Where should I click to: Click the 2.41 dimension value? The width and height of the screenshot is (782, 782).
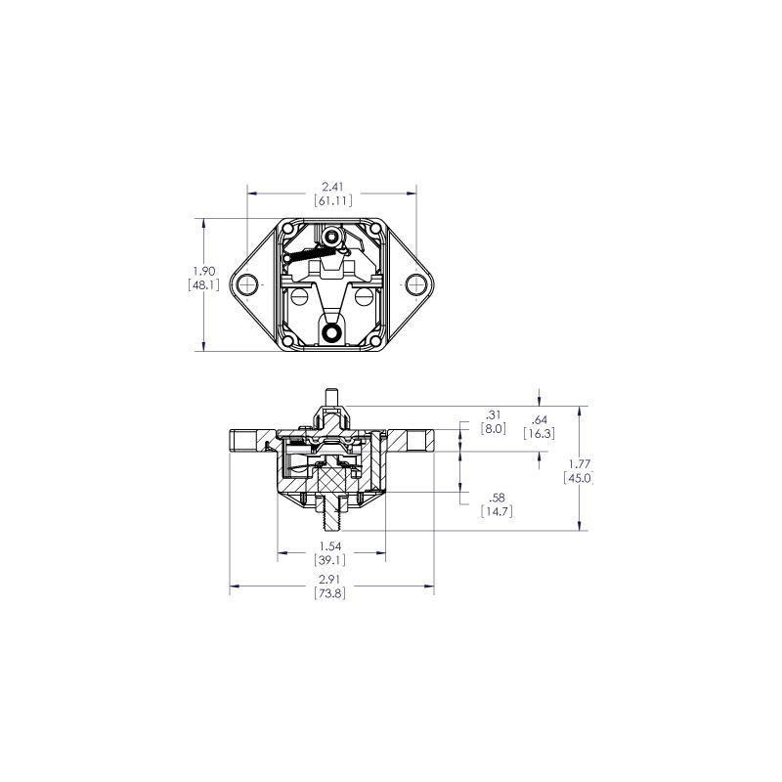tap(332, 186)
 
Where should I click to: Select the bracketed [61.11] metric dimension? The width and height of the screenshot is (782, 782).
tap(332, 200)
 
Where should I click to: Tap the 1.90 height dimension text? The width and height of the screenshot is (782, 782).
tap(203, 271)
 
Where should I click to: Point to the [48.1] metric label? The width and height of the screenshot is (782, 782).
tap(203, 285)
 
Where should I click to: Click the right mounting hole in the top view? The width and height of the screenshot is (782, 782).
tap(417, 284)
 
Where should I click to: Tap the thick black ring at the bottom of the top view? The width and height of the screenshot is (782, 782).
tap(333, 333)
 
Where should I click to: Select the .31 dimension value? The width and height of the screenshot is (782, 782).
tap(494, 413)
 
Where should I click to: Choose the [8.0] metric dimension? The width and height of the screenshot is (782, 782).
tap(494, 428)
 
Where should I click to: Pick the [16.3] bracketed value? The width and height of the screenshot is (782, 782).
tap(541, 433)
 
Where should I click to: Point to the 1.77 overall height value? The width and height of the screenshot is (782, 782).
tap(579, 464)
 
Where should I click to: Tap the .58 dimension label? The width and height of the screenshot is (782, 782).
tap(497, 497)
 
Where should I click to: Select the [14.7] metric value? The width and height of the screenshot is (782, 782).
tap(497, 511)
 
